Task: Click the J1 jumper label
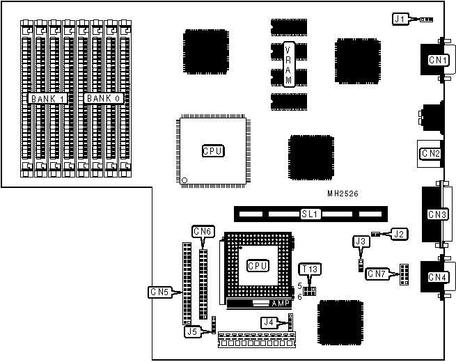pyautogui.click(x=400, y=19)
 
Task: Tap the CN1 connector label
pyautogui.click(x=437, y=61)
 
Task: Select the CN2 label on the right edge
pyautogui.click(x=430, y=153)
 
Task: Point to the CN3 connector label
pyautogui.click(x=437, y=214)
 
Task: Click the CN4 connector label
pyautogui.click(x=437, y=277)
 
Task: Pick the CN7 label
pyautogui.click(x=377, y=274)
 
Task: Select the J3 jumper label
pyautogui.click(x=360, y=242)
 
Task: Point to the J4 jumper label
pyautogui.click(x=269, y=322)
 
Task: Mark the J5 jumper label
pyautogui.click(x=192, y=332)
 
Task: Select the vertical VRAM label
pyautogui.click(x=289, y=65)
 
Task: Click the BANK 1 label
pyautogui.click(x=47, y=99)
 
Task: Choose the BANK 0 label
pyautogui.click(x=104, y=99)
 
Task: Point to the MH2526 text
pyautogui.click(x=343, y=192)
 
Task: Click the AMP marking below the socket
pyautogui.click(x=281, y=304)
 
